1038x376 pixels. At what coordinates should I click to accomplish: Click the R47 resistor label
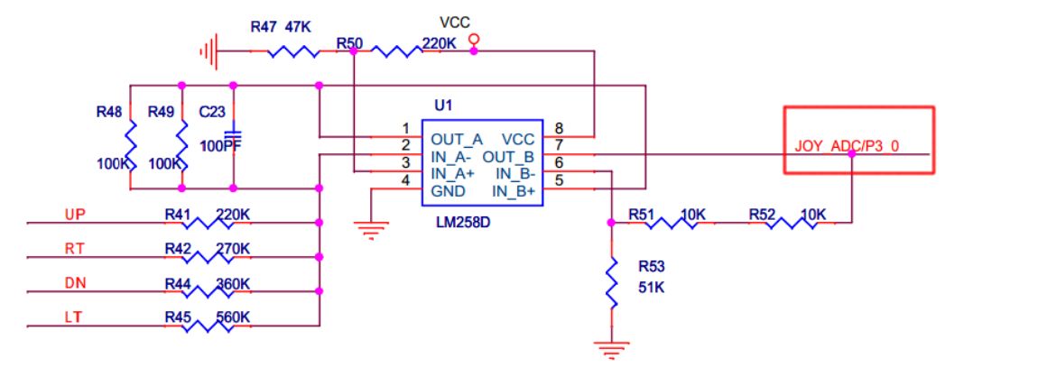click(264, 26)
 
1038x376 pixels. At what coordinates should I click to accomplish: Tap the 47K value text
click(298, 26)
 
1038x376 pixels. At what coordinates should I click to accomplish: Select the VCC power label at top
click(455, 23)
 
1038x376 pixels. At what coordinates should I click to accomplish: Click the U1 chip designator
click(443, 105)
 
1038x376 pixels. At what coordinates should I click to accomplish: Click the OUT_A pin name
click(457, 140)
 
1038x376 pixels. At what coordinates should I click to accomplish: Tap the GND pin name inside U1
click(449, 192)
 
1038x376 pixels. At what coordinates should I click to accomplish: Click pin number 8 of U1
click(560, 129)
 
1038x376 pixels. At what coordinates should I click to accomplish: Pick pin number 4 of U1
click(405, 180)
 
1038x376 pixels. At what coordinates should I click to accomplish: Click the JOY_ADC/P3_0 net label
click(847, 147)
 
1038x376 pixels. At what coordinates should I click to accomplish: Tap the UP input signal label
click(76, 215)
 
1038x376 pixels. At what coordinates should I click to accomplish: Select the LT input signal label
click(73, 318)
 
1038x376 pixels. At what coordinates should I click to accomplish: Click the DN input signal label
click(76, 283)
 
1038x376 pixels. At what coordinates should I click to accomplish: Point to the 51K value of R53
click(651, 288)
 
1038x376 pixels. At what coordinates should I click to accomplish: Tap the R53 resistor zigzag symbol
click(612, 283)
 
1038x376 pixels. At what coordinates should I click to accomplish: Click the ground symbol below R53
click(612, 350)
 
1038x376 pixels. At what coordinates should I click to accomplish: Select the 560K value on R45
click(233, 318)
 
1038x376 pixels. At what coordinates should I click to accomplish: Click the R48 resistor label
click(109, 113)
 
